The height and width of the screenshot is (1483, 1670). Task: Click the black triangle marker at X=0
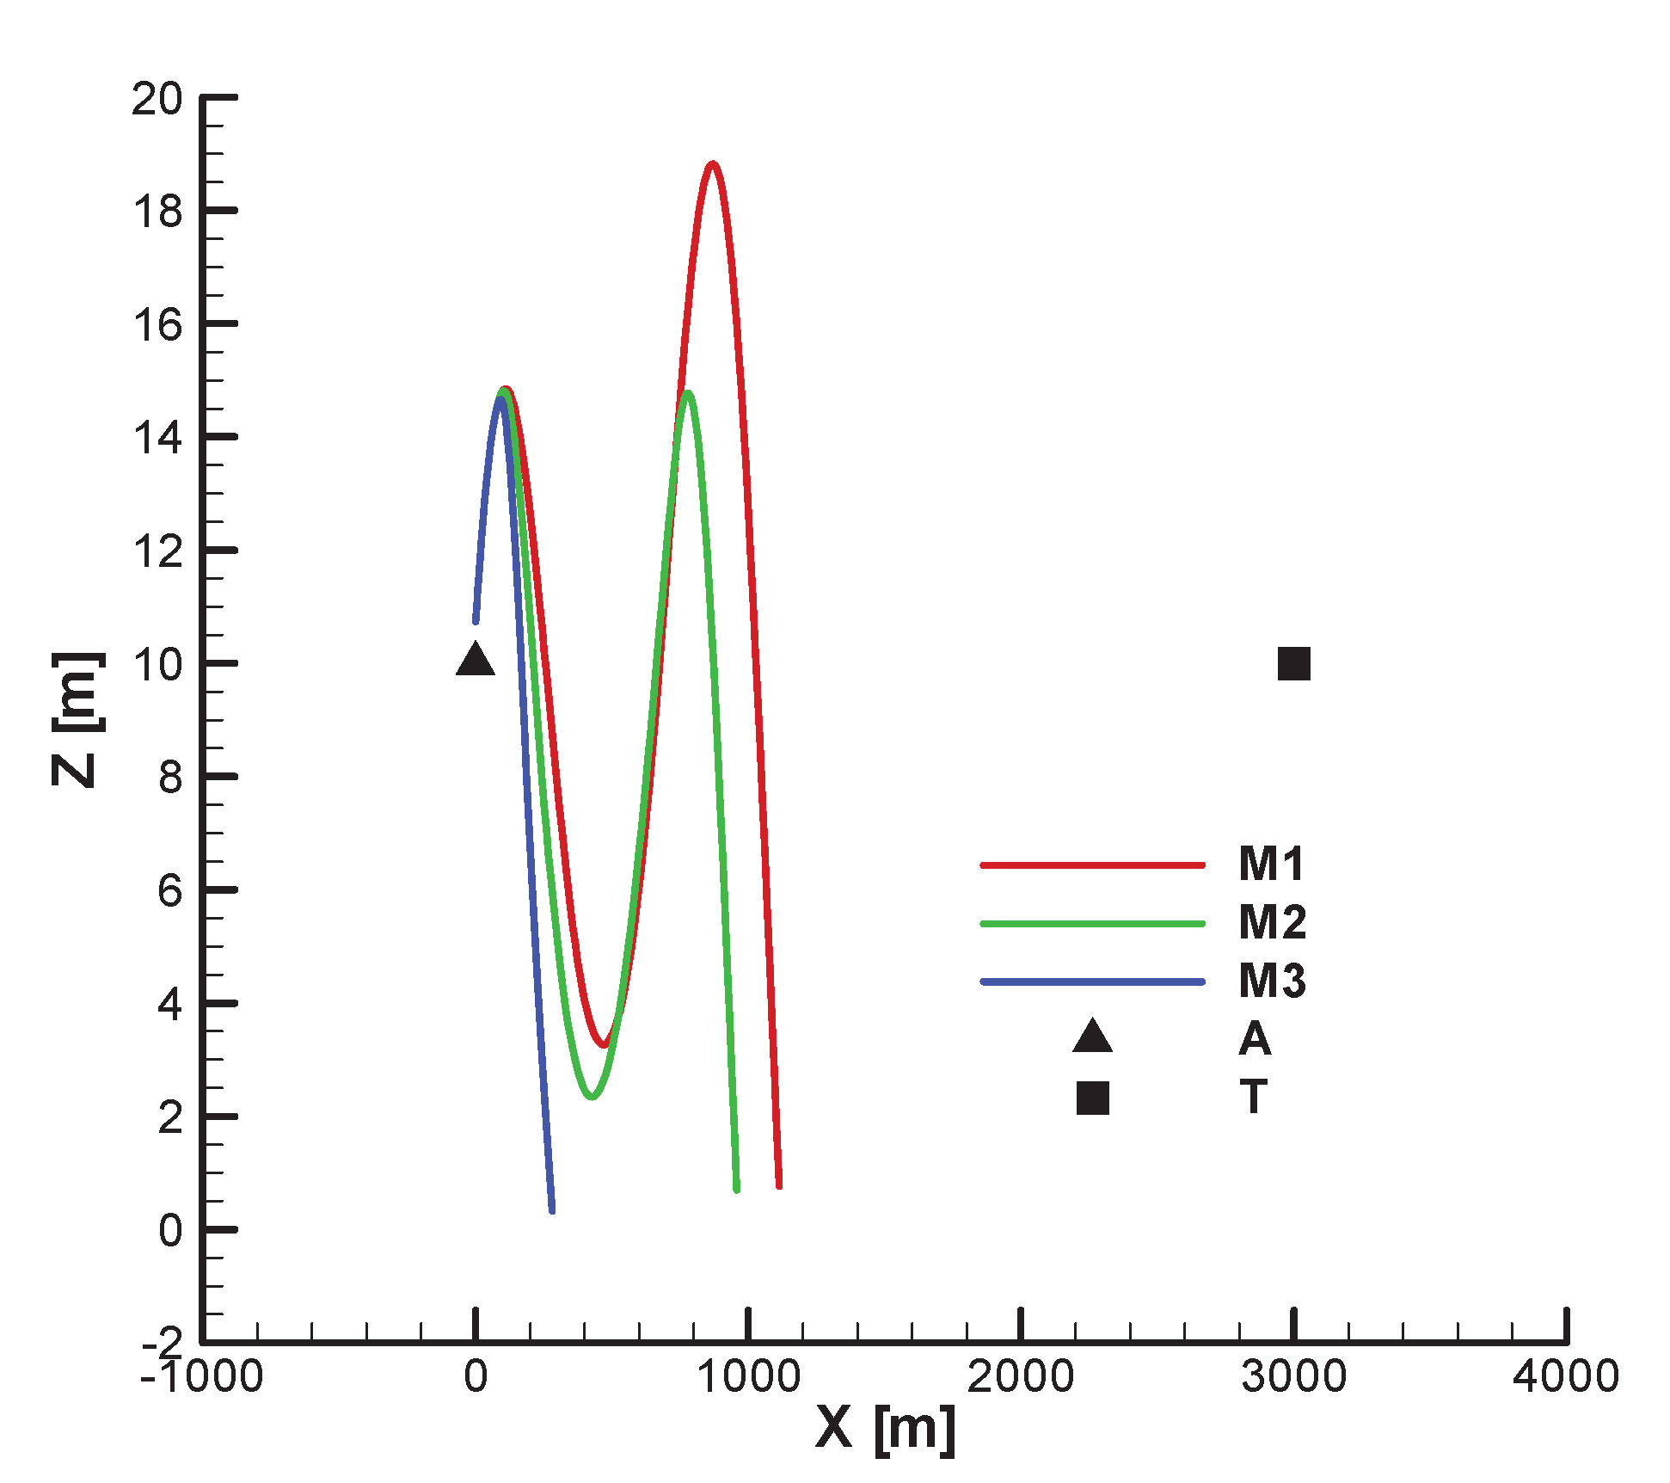coord(476,661)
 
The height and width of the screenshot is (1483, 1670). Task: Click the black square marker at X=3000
coord(1293,663)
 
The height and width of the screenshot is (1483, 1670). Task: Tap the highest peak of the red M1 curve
coord(712,163)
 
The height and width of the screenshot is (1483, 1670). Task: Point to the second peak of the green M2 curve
coord(686,394)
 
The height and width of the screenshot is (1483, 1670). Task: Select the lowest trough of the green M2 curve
coord(592,1096)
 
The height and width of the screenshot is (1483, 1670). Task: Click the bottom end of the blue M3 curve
coord(551,1209)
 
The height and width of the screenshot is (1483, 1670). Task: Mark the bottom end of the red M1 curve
coord(778,1185)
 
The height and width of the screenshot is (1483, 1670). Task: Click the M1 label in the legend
coord(1271,864)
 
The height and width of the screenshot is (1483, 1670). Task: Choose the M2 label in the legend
coord(1272,922)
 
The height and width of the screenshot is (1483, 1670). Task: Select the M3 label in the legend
coord(1272,981)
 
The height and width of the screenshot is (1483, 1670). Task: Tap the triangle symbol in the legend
coord(1092,1037)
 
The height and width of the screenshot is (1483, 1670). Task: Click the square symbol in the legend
coord(1092,1098)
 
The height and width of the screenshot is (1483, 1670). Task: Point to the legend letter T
coord(1254,1098)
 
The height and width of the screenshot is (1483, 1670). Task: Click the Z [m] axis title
coord(76,719)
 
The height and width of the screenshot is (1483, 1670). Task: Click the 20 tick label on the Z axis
coord(157,99)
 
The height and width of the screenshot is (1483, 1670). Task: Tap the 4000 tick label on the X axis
coord(1565,1375)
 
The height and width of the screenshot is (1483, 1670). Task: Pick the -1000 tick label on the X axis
coord(202,1375)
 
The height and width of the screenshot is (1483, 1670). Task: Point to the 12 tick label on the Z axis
coord(157,551)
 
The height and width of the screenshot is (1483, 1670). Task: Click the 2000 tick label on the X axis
coord(1020,1375)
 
